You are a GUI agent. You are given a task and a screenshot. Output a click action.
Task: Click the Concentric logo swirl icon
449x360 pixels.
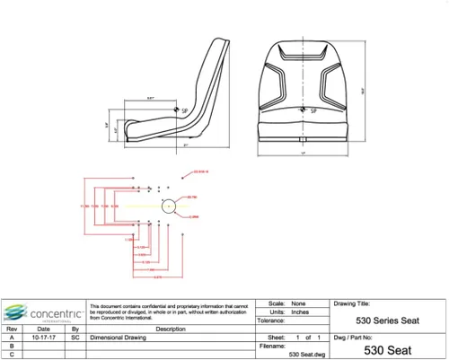tap(14, 312)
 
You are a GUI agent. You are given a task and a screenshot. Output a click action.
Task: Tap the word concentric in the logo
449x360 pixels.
tap(55, 312)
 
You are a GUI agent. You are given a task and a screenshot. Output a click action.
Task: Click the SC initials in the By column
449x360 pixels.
tap(75, 337)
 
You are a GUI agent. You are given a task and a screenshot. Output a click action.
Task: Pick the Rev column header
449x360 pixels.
tap(12, 329)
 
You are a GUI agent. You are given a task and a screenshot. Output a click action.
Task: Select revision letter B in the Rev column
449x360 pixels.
tap(12, 345)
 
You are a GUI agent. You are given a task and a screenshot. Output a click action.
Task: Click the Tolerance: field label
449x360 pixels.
tap(273, 320)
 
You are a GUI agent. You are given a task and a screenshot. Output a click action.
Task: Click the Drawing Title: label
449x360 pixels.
tap(352, 304)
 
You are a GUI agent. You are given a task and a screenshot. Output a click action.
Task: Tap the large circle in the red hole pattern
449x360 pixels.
tap(169, 206)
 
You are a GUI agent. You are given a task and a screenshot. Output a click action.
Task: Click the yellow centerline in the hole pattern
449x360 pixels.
tap(126, 206)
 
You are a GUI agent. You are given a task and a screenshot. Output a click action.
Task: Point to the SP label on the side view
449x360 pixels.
tap(185, 110)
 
